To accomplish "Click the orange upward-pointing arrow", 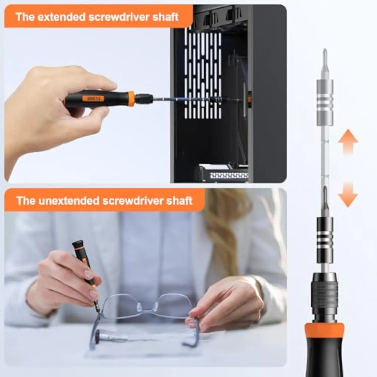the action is click(348, 142).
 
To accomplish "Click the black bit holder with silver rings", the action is click(325, 240).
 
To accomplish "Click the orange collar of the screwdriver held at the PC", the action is click(131, 99).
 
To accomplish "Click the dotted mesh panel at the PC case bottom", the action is click(229, 175).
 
